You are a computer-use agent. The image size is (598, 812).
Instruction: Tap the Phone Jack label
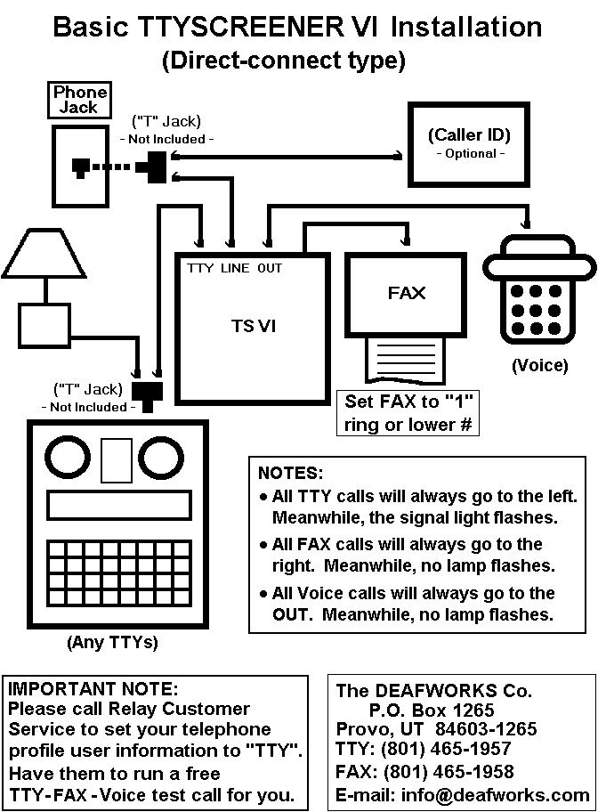coord(80,100)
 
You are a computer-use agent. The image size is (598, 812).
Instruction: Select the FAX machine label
coord(407,292)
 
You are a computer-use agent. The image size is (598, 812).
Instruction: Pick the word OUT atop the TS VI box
coord(270,268)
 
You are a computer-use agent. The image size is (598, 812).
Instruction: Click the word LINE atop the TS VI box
coord(236,268)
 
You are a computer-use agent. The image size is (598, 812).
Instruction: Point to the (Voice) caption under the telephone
coord(539,365)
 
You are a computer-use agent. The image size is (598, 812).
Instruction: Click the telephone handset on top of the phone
coord(539,256)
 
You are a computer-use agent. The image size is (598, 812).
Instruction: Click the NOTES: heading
coord(291,473)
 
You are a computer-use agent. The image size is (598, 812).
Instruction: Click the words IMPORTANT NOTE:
coord(93,688)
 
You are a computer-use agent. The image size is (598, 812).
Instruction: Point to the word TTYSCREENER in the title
coord(227,27)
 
